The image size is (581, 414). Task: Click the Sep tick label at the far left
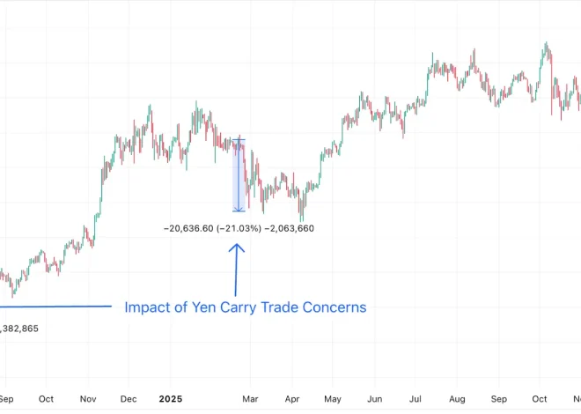click(6, 399)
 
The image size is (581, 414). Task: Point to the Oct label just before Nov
click(47, 399)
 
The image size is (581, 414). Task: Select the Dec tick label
click(129, 399)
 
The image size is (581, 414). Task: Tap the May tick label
click(332, 399)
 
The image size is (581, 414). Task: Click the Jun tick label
click(373, 399)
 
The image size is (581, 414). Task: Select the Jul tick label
click(415, 399)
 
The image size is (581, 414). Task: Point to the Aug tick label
click(457, 399)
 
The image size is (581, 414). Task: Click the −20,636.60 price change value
click(188, 228)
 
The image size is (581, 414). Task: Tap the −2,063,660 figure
click(290, 228)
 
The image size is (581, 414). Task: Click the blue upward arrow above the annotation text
click(236, 269)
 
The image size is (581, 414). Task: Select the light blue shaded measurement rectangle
click(238, 175)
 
